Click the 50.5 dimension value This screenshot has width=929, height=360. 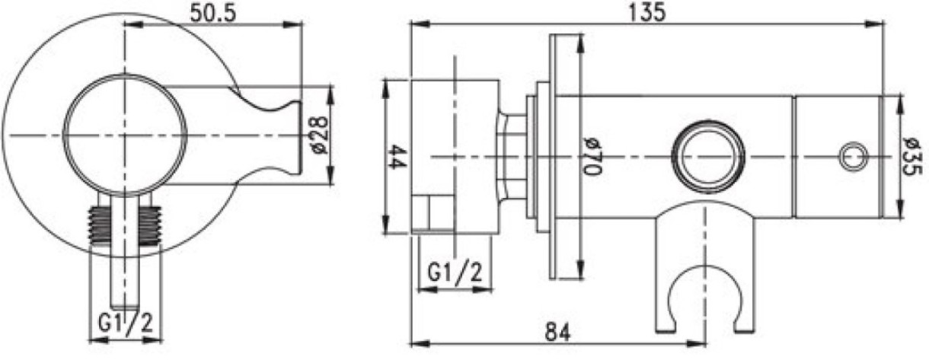point(212,13)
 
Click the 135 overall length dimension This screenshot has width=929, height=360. point(647,12)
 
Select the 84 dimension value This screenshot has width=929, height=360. point(557,333)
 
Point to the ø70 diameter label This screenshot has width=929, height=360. point(592,156)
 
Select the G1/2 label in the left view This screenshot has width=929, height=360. point(126,323)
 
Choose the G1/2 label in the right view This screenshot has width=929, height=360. point(455,273)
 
